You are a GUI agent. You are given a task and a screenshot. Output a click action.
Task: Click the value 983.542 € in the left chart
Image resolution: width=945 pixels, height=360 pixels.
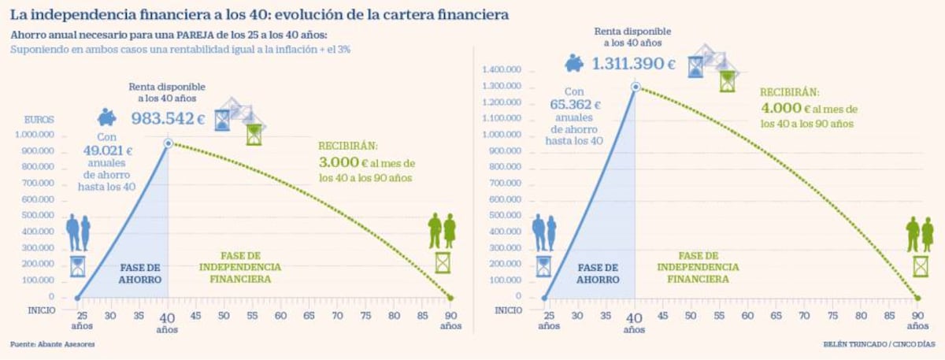pos(169,120)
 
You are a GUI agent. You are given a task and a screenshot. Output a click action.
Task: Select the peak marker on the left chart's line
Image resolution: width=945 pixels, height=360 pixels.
pos(169,143)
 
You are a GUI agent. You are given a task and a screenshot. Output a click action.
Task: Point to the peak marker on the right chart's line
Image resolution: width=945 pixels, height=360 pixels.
pos(635,87)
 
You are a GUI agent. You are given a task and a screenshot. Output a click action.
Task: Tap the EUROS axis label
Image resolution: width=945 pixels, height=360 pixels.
pos(39,120)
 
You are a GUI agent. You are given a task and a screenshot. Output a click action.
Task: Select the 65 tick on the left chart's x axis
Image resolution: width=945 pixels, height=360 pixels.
pos(309,316)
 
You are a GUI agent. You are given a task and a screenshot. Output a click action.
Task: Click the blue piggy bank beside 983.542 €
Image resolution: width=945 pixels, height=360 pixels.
pos(108,118)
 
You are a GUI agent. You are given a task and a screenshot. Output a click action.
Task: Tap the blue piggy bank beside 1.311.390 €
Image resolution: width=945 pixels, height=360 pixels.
pos(575,62)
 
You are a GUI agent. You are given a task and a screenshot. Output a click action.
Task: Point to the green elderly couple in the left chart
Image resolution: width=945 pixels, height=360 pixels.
pos(442,231)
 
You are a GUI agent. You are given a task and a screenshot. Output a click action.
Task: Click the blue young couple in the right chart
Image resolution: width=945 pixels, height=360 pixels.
pos(544,233)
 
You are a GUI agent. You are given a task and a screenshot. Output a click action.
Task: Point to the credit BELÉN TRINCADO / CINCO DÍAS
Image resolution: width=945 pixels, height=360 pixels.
pos(880,345)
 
